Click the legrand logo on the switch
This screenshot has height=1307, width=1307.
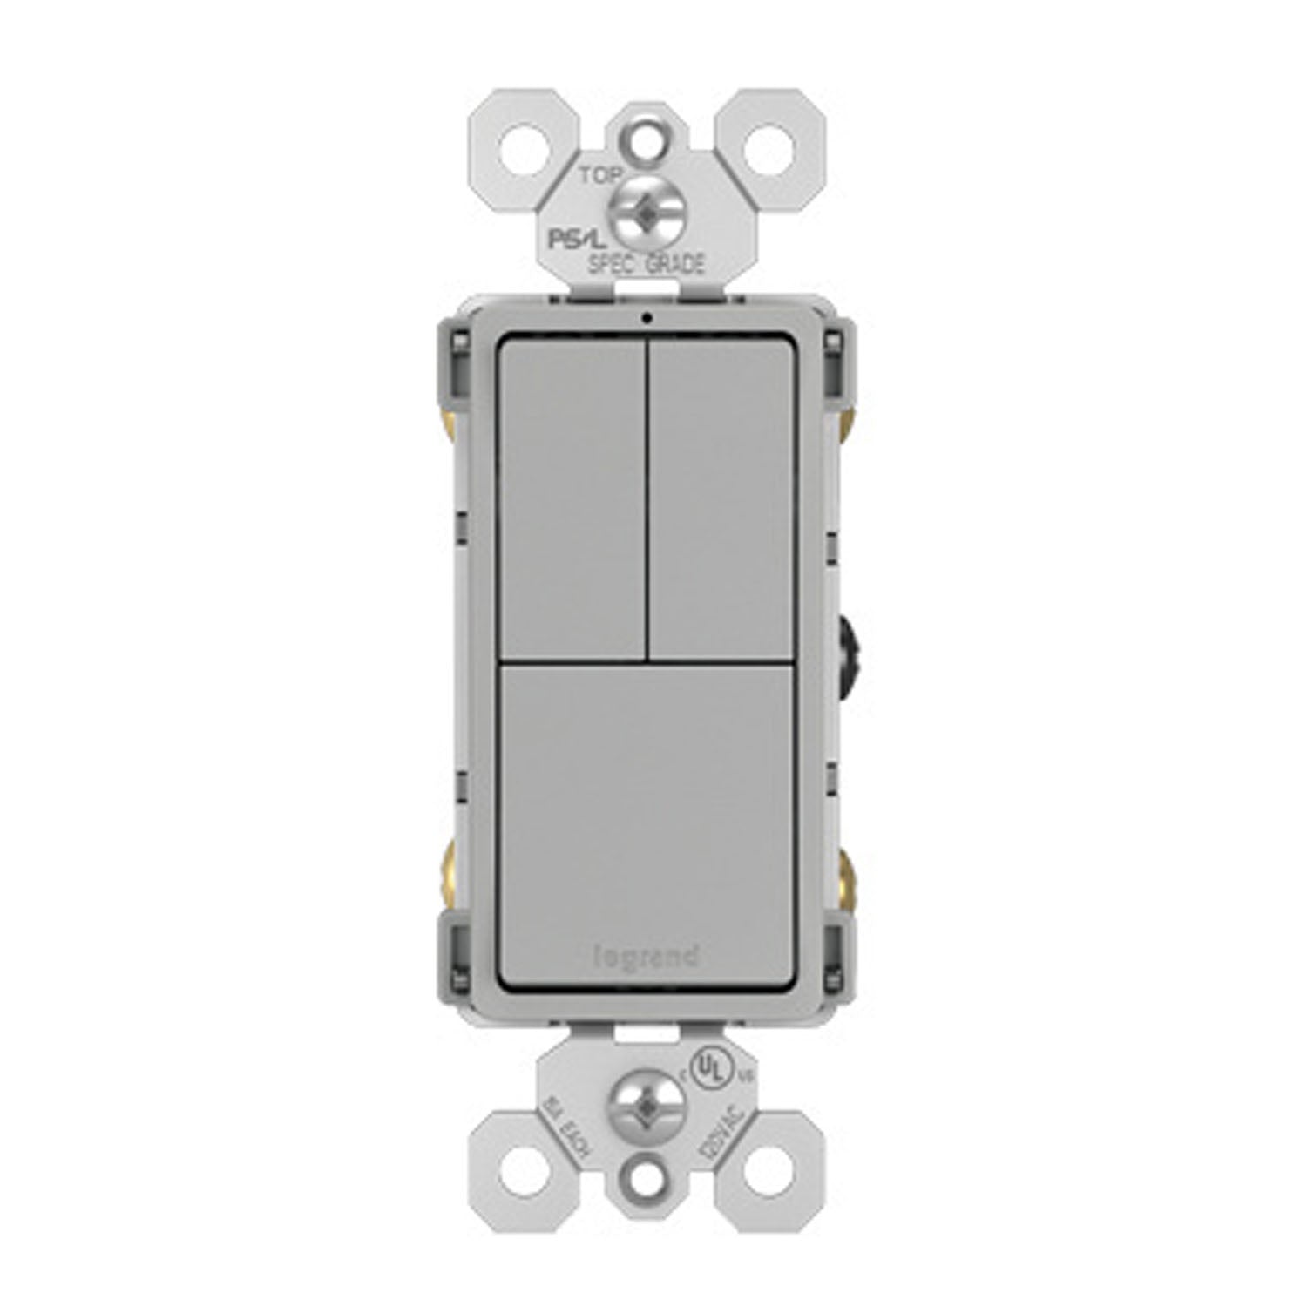click(646, 957)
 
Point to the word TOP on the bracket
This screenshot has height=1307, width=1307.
click(600, 175)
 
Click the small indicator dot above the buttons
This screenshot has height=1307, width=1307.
click(646, 317)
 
